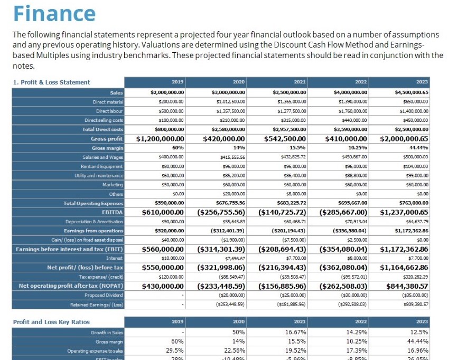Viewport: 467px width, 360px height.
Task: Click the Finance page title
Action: click(54, 13)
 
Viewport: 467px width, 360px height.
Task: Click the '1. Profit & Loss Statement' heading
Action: click(52, 82)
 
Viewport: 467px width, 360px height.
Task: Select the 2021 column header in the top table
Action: click(300, 82)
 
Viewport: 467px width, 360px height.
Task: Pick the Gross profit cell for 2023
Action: click(404, 139)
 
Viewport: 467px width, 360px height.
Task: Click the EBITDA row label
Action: click(112, 212)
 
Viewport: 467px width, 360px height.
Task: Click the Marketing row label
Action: click(113, 185)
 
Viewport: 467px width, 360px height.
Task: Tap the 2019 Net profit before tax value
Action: click(163, 268)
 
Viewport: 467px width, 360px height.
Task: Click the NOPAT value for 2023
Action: click(404, 286)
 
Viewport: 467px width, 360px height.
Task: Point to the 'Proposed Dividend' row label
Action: click(105, 296)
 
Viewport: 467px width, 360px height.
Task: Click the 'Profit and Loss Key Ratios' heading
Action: click(51, 322)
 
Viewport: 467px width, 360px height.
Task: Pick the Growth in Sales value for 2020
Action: click(238, 333)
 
